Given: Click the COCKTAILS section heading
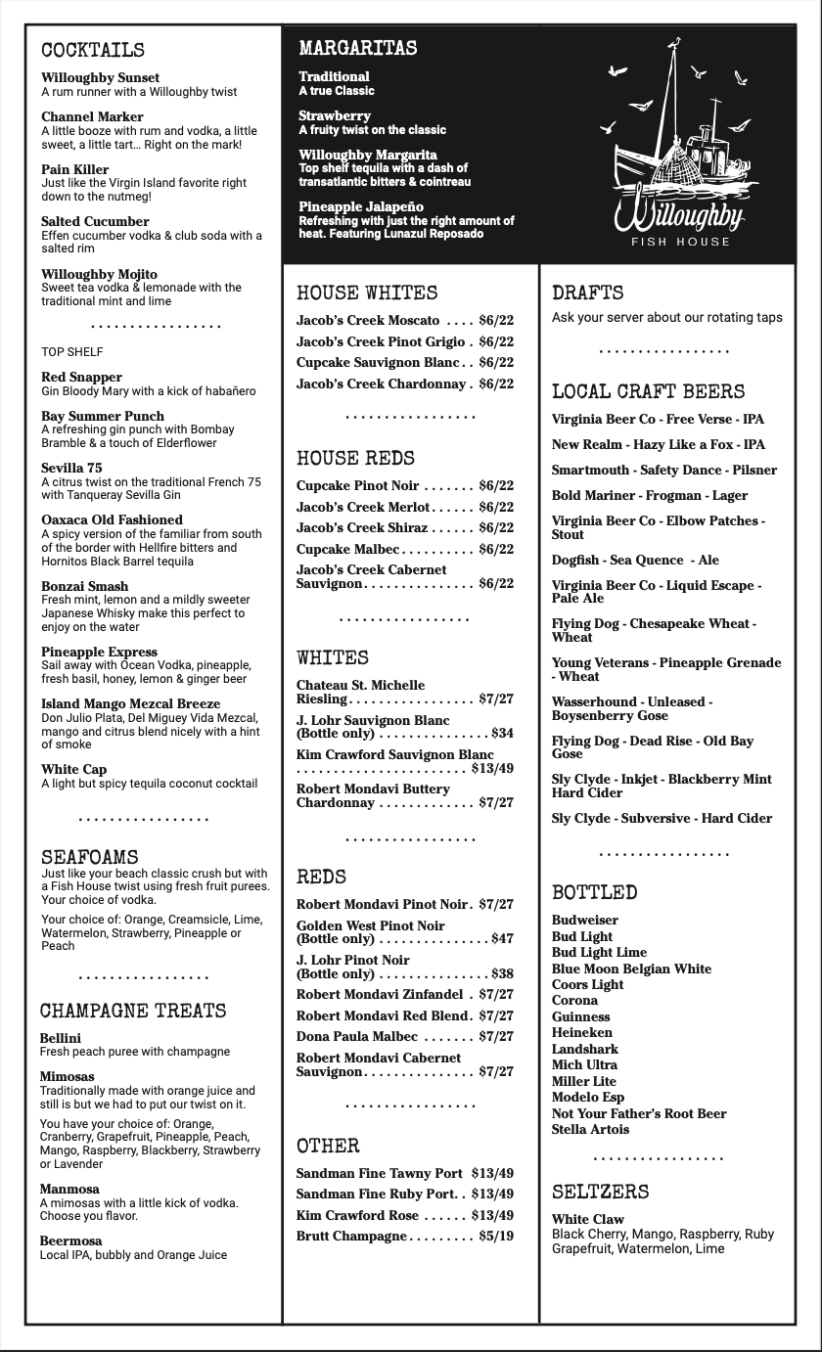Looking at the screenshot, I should coord(93,50).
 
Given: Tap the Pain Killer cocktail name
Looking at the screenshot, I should coord(75,169).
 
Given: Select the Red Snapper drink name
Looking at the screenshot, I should coord(82,377).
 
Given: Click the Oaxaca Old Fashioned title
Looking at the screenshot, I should coord(112,519).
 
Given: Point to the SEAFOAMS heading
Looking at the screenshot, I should coord(89,858).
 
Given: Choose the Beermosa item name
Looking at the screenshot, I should coord(70,1240).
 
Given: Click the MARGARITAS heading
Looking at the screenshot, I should coord(358,48).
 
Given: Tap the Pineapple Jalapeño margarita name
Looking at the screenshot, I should coord(361,206).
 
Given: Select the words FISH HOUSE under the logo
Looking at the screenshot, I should coord(680,242).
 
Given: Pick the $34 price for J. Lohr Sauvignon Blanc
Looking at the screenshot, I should coord(502,733).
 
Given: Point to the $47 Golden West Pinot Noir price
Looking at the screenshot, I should coord(502,939).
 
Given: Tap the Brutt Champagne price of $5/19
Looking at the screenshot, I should coord(496,1236).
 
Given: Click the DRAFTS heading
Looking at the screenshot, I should coord(587,293).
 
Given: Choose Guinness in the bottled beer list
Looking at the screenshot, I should coord(580,1016).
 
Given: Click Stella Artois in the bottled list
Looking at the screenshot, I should coord(590,1129).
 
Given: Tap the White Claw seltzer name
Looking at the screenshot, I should coord(587,1219).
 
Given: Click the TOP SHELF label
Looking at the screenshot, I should coord(71,351).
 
